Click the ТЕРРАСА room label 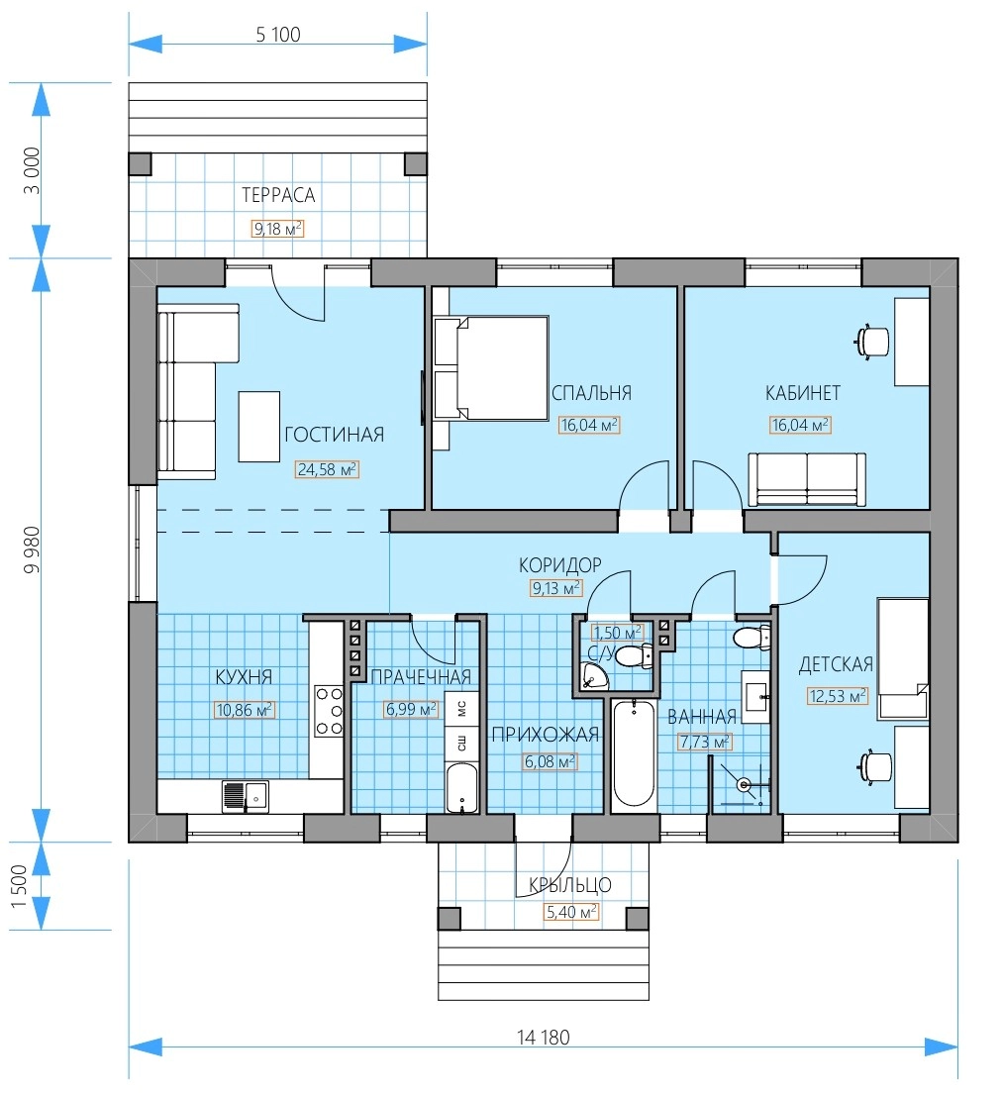(x=278, y=195)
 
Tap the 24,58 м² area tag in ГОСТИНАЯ (x=327, y=469)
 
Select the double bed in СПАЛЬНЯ (x=491, y=368)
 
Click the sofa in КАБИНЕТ (x=807, y=479)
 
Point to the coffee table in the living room (x=258, y=427)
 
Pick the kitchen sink (x=246, y=796)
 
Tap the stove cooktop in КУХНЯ (x=329, y=710)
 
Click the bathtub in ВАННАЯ (x=634, y=755)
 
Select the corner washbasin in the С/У (x=593, y=676)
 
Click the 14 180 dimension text (x=544, y=1038)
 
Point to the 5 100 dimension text (x=277, y=35)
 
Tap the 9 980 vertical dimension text (x=32, y=549)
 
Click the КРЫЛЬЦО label (x=569, y=885)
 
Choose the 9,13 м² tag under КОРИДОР (x=556, y=588)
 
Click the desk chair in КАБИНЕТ (x=871, y=342)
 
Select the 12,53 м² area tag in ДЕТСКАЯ (x=838, y=695)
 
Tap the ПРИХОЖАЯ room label (x=546, y=734)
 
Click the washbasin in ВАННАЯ (x=755, y=696)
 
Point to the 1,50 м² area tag (x=617, y=633)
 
